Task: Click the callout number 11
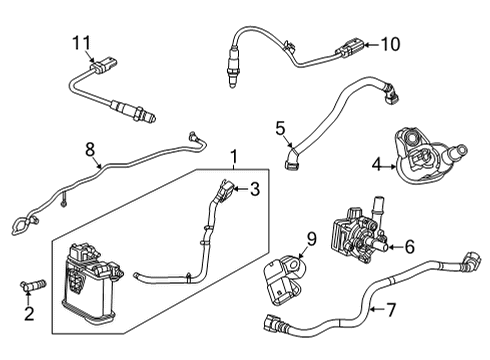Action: (x=81, y=41)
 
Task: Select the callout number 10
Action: (x=388, y=43)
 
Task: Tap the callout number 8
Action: (x=90, y=150)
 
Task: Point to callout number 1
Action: (x=234, y=157)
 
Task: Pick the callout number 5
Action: (x=281, y=128)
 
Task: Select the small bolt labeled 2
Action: (x=31, y=288)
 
